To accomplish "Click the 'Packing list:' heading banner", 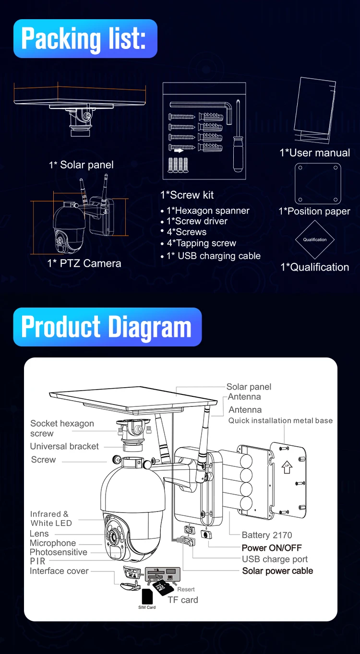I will coord(85,39).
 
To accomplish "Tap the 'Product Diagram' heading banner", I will coord(107,327).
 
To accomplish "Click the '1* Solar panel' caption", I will coord(81,165).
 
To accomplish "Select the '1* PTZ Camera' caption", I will coord(84,263).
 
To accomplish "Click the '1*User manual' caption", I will coord(314,153).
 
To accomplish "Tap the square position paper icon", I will coord(317,183).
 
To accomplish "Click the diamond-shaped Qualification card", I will coord(315,239).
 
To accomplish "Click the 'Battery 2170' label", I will coord(267,535).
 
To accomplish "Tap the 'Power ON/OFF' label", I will coord(272,547).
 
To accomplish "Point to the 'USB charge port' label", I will coord(275,559).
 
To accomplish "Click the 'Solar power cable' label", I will coord(277,571).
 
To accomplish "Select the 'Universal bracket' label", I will coord(64,446).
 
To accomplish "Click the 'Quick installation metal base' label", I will coord(280,420).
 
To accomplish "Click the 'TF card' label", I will coord(183,600).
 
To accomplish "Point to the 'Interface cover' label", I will coord(59,571).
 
